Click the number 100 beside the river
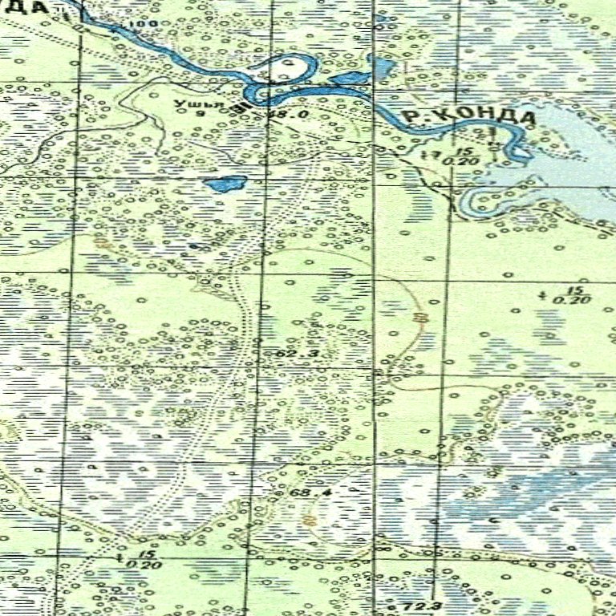click(x=147, y=25)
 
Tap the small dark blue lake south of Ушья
click(x=225, y=184)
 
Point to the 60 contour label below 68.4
click(x=309, y=521)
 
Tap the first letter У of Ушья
click(x=178, y=104)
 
